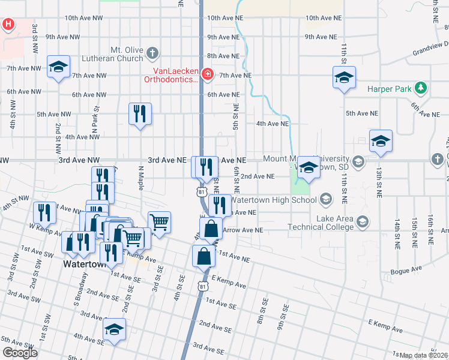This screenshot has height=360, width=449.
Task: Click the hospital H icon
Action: (8, 25)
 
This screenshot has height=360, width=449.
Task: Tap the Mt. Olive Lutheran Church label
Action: (127, 53)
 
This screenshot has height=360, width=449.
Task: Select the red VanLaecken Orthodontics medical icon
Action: (207, 74)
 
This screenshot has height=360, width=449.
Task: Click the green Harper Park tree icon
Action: (421, 88)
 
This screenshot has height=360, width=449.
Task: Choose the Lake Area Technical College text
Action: (318, 223)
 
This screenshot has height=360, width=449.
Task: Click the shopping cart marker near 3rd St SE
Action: (159, 223)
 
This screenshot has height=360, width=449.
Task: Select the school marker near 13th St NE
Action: (381, 141)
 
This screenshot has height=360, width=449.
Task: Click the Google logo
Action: (20, 353)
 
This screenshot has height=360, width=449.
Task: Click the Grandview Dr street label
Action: (430, 48)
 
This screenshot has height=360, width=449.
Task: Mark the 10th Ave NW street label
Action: (83, 18)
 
